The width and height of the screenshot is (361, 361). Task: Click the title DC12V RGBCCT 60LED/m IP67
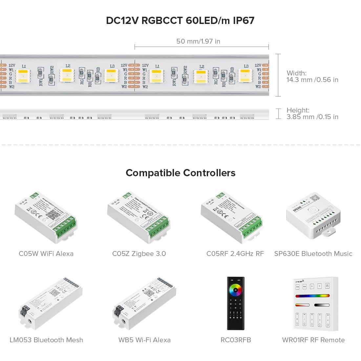[180, 20]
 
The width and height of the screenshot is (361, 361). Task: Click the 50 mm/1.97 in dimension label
[198, 41]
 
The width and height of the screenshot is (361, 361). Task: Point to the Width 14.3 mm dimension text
[312, 76]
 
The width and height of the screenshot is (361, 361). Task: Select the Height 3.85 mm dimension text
[312, 114]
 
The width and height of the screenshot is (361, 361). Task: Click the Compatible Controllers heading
[180, 173]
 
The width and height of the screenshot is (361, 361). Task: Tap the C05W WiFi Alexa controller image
[46, 218]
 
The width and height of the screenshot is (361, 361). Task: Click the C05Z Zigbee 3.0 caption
[139, 254]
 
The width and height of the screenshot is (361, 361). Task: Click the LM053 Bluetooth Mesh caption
[46, 340]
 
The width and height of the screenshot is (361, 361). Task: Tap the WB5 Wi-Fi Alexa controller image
[144, 302]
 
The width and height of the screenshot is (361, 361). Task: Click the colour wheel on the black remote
[236, 289]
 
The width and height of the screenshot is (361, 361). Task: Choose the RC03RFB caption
[236, 340]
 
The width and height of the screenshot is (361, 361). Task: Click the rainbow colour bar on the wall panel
[312, 296]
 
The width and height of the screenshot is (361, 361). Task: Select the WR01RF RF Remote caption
[313, 340]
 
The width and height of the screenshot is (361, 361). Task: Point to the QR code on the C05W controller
[53, 214]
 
